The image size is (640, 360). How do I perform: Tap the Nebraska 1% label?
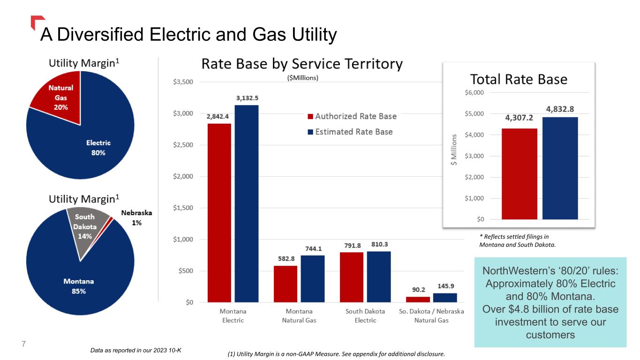(x=136, y=217)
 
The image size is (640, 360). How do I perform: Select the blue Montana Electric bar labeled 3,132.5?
(x=247, y=203)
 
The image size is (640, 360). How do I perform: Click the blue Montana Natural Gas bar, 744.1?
(x=313, y=278)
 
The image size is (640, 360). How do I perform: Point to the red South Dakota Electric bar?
(x=352, y=277)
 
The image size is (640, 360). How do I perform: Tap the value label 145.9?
(x=445, y=285)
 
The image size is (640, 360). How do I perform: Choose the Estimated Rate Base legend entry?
(x=350, y=132)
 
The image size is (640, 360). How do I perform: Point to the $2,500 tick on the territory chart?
(x=183, y=145)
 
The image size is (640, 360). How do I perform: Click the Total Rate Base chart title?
(x=518, y=79)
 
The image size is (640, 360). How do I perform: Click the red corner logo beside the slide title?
(x=38, y=22)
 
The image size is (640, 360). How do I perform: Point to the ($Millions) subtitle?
(x=302, y=78)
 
